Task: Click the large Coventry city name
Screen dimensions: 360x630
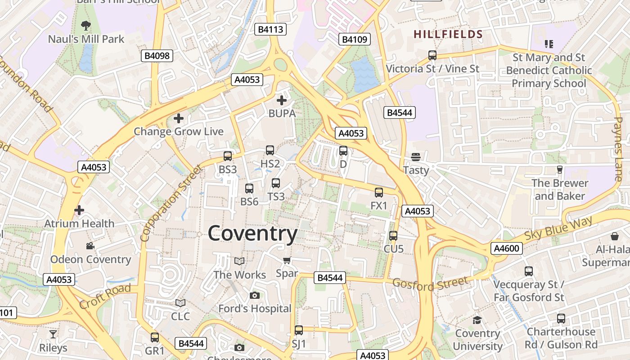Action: coord(252,234)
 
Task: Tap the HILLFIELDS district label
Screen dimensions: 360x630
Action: coord(448,34)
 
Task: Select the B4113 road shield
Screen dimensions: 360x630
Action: coord(270,30)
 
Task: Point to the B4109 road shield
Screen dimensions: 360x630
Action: coord(355,40)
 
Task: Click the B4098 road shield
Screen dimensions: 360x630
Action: coord(157,56)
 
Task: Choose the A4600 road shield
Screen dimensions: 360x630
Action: coord(507,248)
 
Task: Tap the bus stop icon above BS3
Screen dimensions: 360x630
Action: coord(228,156)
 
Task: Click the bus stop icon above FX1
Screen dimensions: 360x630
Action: coord(379,193)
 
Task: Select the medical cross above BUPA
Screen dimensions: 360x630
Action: coord(282,100)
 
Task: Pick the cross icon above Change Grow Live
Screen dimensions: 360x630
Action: coord(179,118)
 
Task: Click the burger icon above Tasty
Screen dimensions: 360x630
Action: coord(416,157)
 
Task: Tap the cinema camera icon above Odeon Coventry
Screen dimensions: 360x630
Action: coord(90,246)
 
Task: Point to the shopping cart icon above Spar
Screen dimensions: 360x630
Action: coord(287,260)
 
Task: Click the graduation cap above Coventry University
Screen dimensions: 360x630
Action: coord(477,320)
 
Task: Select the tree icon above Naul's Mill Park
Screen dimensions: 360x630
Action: coord(85,25)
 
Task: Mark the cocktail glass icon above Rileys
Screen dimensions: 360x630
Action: coord(53,334)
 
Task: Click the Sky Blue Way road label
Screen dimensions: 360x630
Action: coord(559,229)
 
